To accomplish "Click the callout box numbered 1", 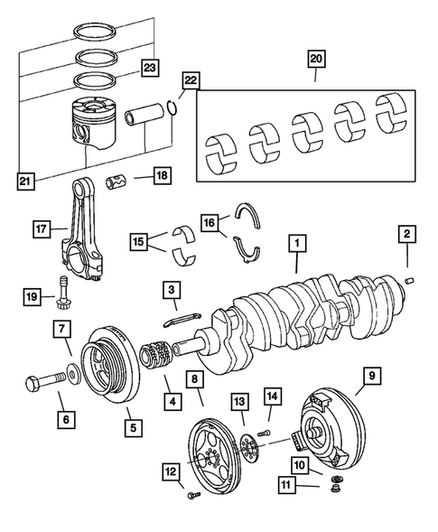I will coord(295,244).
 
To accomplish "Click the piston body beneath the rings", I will coord(94,129).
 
